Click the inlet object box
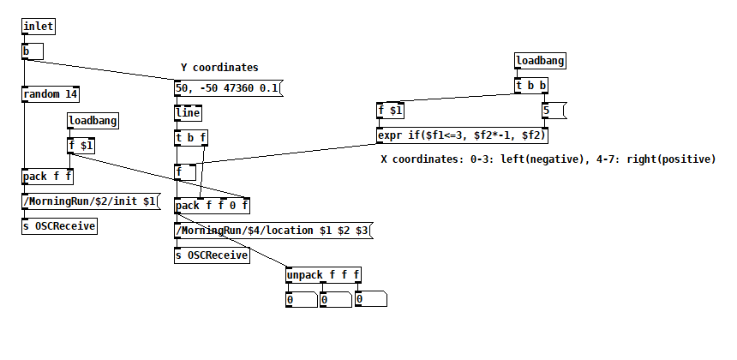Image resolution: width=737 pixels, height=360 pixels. click(x=39, y=27)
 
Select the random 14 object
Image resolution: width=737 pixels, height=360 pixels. click(x=51, y=94)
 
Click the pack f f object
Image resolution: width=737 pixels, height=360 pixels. click(x=48, y=177)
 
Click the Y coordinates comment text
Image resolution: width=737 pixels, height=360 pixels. click(x=219, y=67)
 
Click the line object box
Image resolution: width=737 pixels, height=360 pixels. click(x=189, y=112)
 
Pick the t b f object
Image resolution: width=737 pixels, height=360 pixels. click(x=191, y=137)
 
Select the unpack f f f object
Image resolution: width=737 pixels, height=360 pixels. click(x=323, y=275)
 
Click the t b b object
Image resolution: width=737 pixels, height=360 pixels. click(x=531, y=86)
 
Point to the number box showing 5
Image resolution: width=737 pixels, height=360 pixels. click(x=554, y=110)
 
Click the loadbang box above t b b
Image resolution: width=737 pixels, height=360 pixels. click(x=540, y=61)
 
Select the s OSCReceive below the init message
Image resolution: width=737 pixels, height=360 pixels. click(x=59, y=226)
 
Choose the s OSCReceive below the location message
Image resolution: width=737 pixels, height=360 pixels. click(x=212, y=255)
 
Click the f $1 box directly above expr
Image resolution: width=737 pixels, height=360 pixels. click(x=391, y=110)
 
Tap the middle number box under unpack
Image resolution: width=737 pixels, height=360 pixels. click(x=335, y=300)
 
